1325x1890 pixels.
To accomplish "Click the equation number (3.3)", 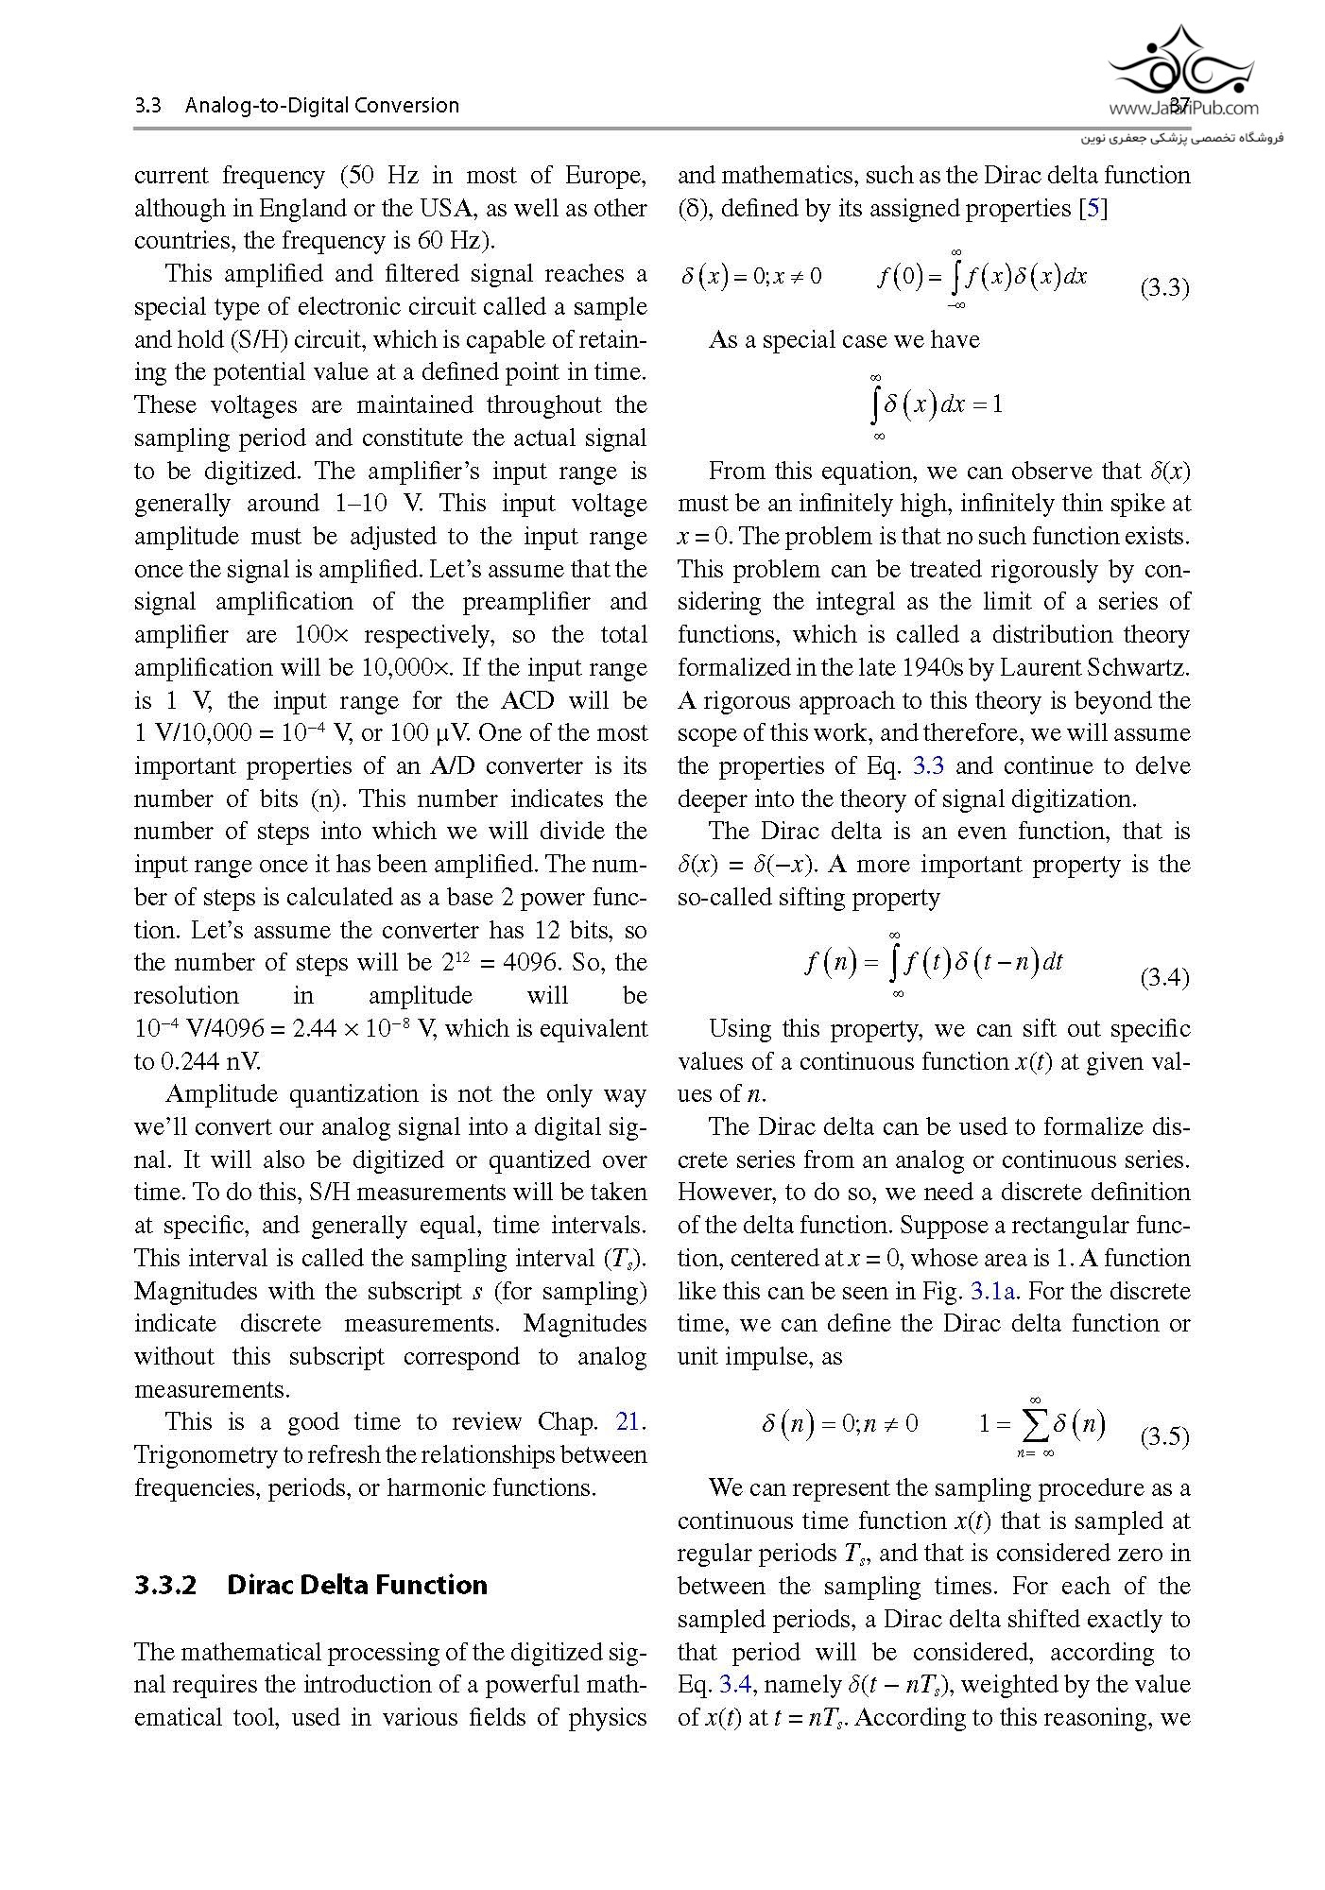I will pyautogui.click(x=1163, y=288).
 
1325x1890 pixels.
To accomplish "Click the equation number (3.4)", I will pyautogui.click(x=1163, y=977).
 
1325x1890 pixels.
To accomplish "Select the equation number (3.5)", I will pyautogui.click(x=1163, y=1437).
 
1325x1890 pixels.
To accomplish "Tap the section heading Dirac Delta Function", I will pyautogui.click(x=357, y=1585).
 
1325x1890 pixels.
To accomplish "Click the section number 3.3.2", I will pyautogui.click(x=165, y=1585).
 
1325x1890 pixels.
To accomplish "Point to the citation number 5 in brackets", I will pyautogui.click(x=1093, y=208).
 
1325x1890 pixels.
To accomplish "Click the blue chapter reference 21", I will pyautogui.click(x=628, y=1421).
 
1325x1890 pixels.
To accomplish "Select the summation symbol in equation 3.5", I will pyautogui.click(x=1034, y=1423).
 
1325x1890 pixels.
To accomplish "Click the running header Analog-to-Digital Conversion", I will pyautogui.click(x=321, y=105).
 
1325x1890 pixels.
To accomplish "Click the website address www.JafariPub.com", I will pyautogui.click(x=1183, y=109).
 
